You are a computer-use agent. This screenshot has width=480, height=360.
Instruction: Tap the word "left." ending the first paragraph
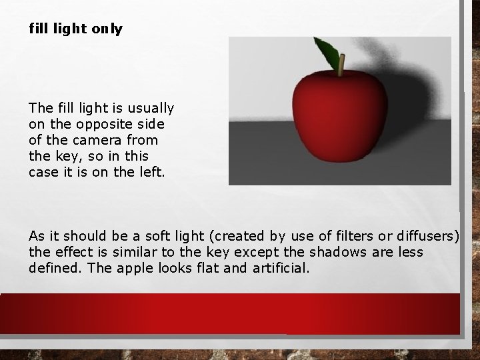click(154, 171)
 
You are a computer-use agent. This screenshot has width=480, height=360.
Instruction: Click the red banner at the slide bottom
click(230, 314)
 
